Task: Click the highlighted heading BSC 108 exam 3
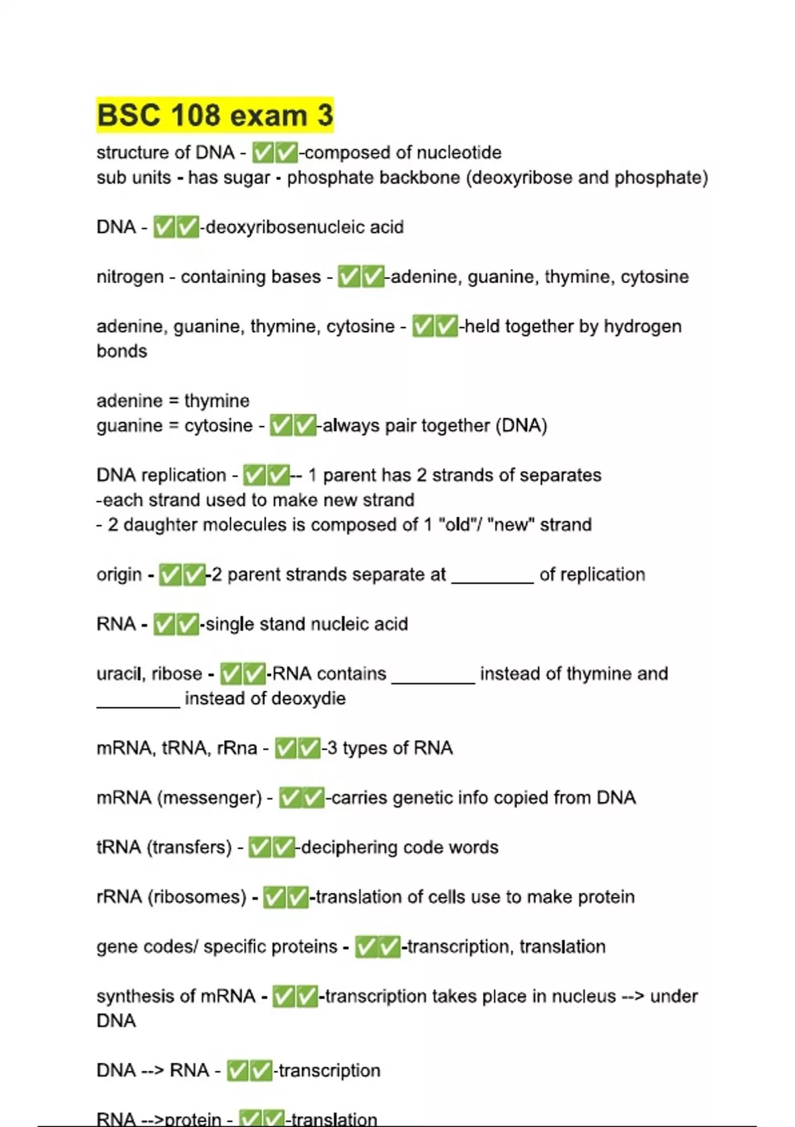click(215, 115)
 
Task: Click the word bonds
click(122, 351)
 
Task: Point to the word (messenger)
click(210, 798)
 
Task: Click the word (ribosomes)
click(197, 897)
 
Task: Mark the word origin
click(119, 575)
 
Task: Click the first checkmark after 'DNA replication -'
click(254, 475)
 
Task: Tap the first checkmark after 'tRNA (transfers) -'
click(260, 847)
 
